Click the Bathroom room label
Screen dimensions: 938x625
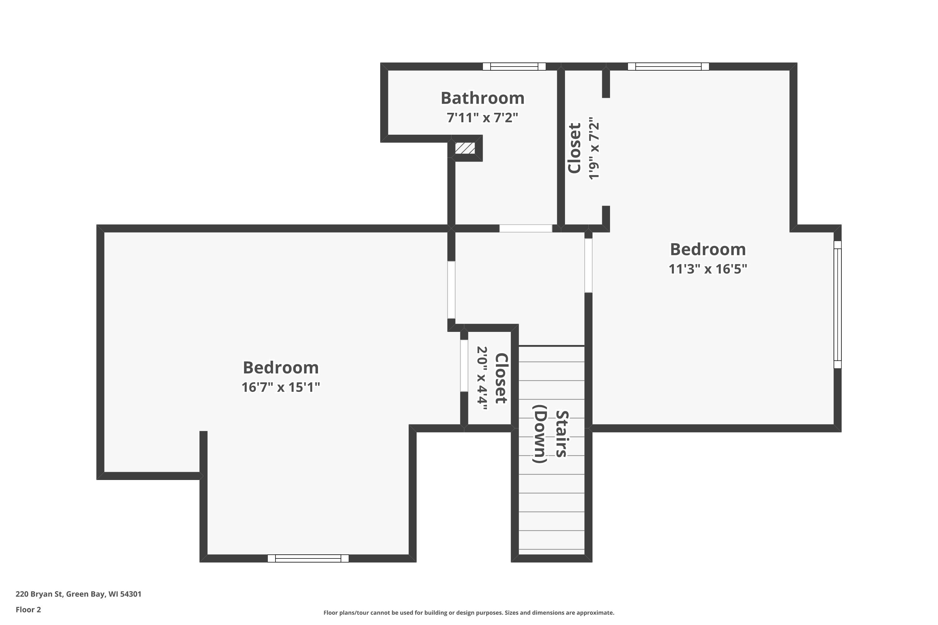pos(482,98)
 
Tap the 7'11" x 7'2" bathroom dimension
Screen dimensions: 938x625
pos(482,117)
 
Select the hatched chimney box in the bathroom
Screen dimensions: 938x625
pos(465,148)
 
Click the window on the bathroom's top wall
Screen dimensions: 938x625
pos(514,67)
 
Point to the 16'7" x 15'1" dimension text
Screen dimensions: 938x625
pos(281,387)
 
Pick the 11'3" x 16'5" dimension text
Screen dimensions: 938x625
pos(708,269)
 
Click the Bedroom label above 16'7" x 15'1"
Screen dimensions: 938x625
pos(281,367)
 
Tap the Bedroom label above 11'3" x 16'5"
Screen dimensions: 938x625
pos(708,249)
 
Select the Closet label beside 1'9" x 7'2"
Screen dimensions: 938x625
pos(575,148)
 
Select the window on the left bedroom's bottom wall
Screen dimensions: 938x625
pos(308,558)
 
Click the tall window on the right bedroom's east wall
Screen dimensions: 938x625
pos(838,304)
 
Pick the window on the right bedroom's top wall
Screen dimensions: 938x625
pos(668,67)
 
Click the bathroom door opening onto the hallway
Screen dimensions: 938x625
pos(526,228)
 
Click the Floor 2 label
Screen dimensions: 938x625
pos(28,609)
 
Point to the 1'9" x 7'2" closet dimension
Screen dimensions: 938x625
pos(594,148)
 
